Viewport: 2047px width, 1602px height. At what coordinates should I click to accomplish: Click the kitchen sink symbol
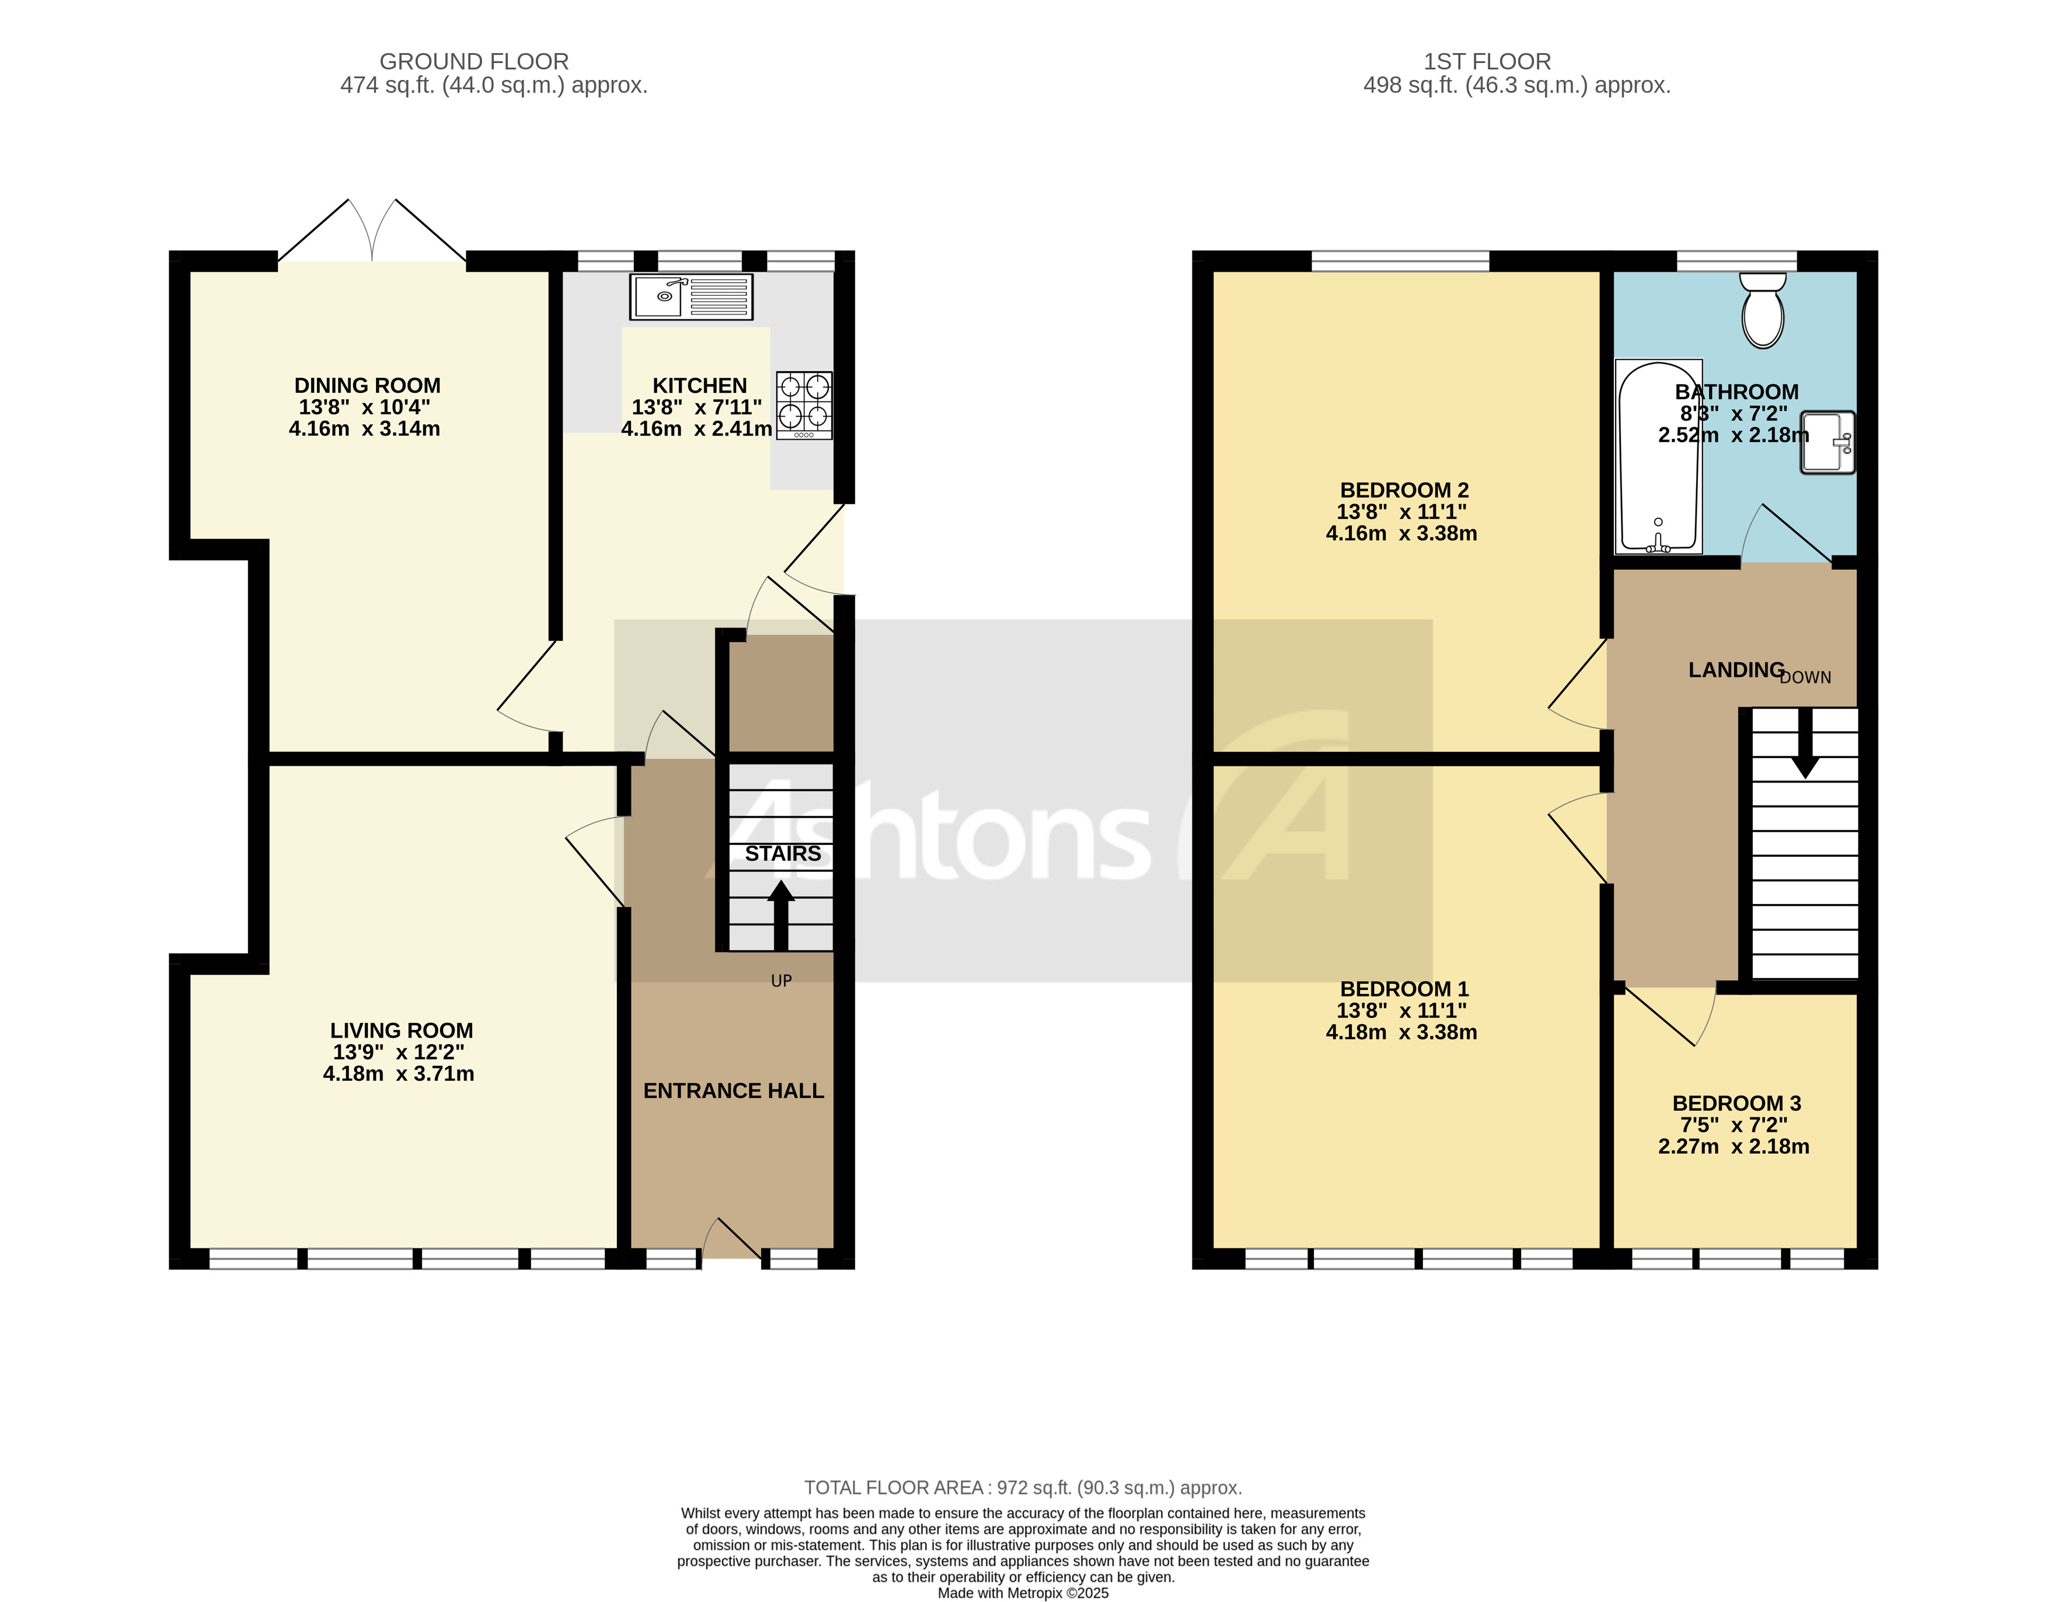[692, 296]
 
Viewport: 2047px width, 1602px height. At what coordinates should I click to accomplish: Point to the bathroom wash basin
[1826, 442]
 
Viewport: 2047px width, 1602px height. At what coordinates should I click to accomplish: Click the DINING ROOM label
[367, 386]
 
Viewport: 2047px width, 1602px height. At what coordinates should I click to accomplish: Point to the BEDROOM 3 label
[1736, 1103]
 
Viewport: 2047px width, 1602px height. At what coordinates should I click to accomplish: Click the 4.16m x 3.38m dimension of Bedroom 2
[1401, 533]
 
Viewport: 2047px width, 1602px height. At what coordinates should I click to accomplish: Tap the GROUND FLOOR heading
[474, 62]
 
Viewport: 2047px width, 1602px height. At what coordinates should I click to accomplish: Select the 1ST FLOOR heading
[1487, 62]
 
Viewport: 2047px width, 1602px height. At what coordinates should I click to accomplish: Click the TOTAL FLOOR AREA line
[1023, 1488]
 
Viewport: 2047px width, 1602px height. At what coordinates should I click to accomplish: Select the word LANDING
[1735, 670]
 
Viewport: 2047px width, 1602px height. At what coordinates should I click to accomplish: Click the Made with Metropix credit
[1023, 1593]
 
